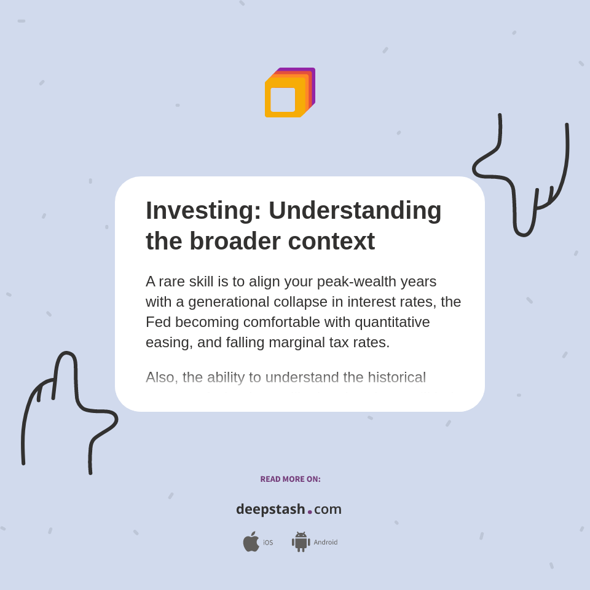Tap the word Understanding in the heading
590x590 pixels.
tap(355, 211)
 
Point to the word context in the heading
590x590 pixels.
tap(331, 241)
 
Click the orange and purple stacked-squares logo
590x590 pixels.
tap(289, 92)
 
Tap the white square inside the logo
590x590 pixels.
tap(283, 100)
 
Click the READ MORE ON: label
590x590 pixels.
tap(290, 479)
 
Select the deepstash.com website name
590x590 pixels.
tap(289, 509)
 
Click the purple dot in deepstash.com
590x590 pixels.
tap(310, 512)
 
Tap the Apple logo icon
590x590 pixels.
tap(251, 542)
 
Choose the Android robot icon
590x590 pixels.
tap(301, 542)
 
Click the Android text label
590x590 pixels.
tap(325, 543)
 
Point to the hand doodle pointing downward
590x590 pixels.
tap(523, 178)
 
